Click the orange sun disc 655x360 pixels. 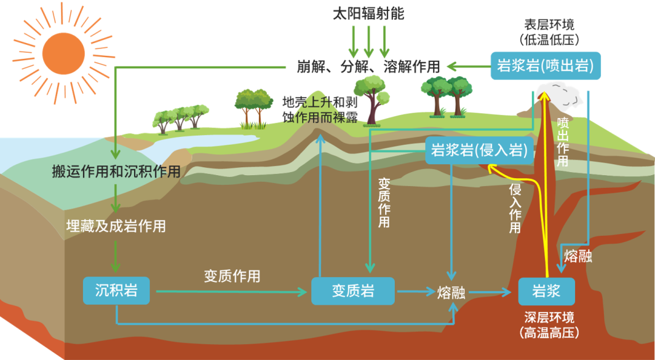[64, 53]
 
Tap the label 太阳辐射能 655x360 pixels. [368, 14]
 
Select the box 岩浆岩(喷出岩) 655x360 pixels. [546, 65]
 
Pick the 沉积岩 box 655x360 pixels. [116, 290]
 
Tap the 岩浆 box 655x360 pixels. [546, 291]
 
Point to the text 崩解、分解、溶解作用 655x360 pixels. [369, 67]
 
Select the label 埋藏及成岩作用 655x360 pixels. [116, 226]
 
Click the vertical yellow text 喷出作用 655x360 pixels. [563, 142]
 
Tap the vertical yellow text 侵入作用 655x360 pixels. [515, 208]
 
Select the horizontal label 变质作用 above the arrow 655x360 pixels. [232, 276]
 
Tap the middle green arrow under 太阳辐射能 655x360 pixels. [369, 41]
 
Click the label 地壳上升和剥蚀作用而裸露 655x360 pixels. [320, 110]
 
